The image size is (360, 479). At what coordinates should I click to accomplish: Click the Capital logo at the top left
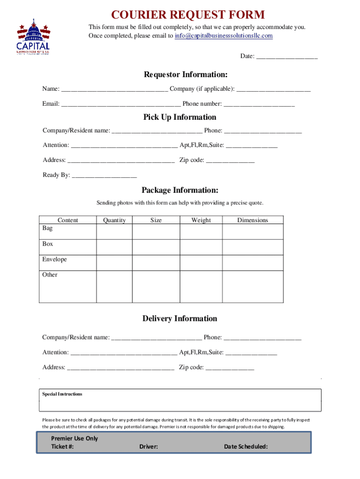click(x=33, y=37)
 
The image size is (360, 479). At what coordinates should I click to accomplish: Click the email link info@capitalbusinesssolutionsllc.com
click(x=223, y=36)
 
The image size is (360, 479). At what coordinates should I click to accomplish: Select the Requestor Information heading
click(x=186, y=75)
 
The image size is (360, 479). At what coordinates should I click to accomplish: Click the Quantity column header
click(x=114, y=220)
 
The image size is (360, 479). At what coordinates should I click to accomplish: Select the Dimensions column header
click(x=252, y=220)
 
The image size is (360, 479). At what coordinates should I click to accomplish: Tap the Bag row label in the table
click(x=48, y=228)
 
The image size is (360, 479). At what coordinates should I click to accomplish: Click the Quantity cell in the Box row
click(x=114, y=247)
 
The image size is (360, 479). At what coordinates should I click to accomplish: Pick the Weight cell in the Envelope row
click(x=201, y=262)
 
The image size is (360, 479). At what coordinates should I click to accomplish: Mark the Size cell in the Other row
click(x=156, y=286)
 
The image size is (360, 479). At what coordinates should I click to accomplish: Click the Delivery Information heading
click(x=180, y=319)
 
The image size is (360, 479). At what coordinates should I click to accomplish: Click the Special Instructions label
click(x=62, y=394)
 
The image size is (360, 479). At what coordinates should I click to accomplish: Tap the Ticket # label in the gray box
click(x=62, y=447)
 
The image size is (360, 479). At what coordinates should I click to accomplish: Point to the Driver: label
click(x=149, y=447)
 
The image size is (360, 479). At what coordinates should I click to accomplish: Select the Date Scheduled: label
click(x=246, y=447)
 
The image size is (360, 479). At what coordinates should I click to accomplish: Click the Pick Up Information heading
click(x=180, y=117)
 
